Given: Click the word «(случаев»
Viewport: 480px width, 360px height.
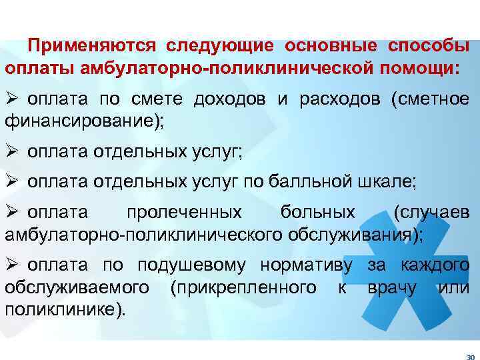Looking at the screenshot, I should tap(431, 213).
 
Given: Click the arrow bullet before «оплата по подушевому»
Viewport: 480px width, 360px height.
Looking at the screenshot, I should tap(11, 265).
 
